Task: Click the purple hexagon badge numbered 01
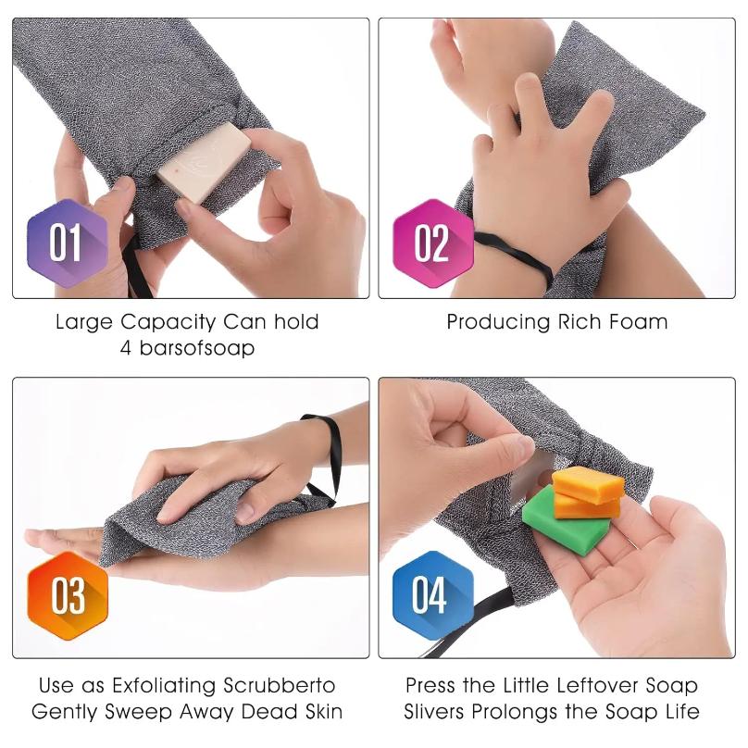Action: tap(66, 244)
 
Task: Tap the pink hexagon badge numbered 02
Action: tap(431, 244)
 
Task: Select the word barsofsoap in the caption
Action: tap(199, 349)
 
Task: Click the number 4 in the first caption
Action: tap(126, 349)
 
